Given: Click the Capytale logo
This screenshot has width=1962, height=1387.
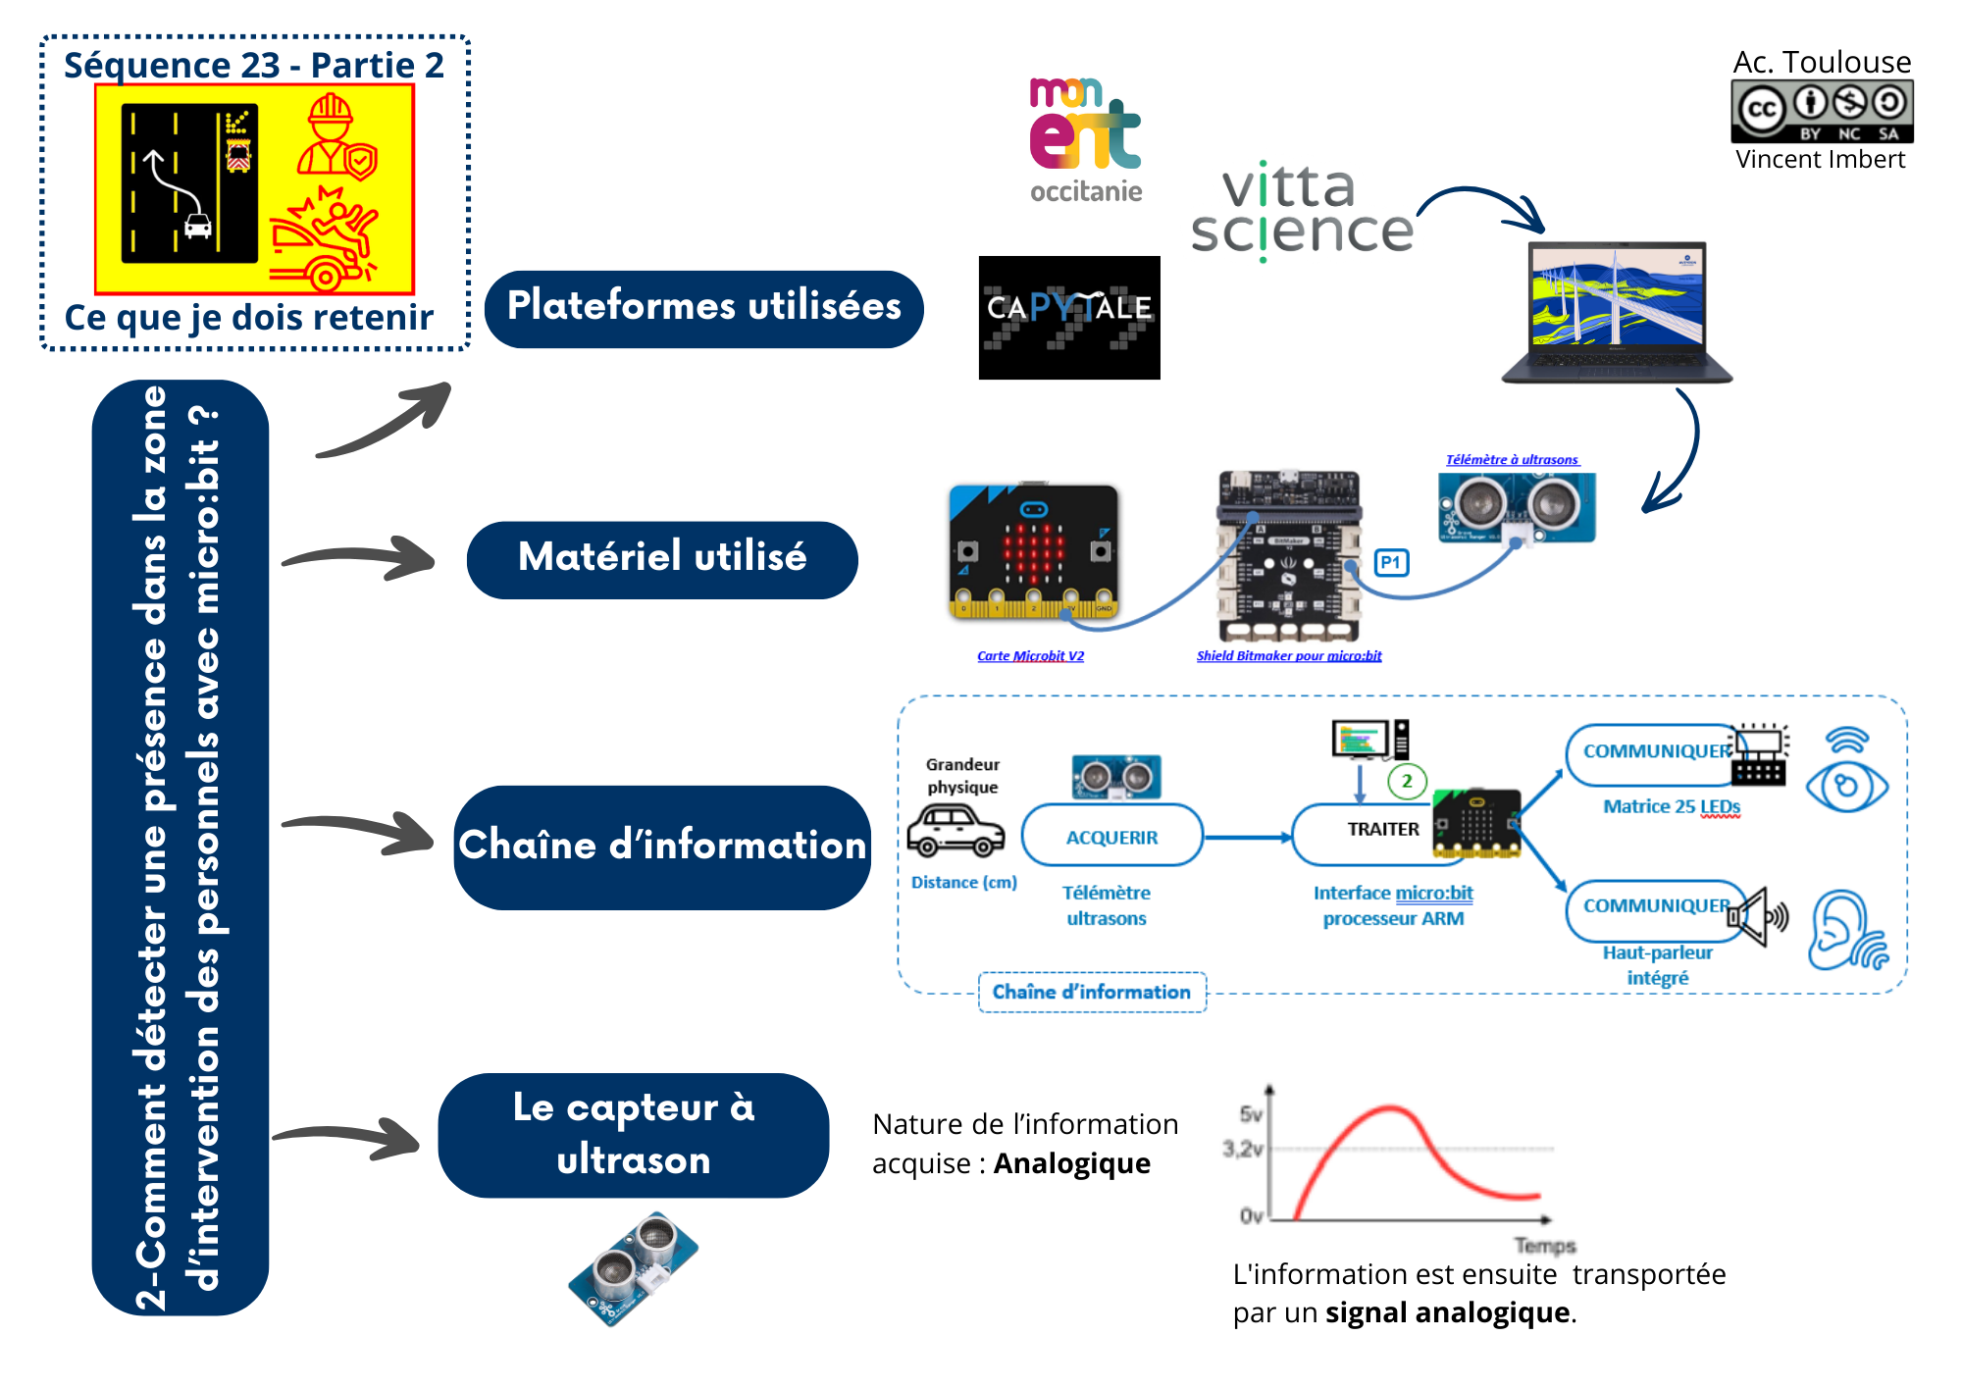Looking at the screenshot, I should (x=1069, y=317).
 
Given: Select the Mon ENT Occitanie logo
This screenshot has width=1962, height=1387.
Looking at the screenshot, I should (x=1085, y=140).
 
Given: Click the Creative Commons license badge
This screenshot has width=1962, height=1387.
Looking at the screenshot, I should (x=1822, y=112).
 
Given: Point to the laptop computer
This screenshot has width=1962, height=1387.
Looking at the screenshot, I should (x=1617, y=312).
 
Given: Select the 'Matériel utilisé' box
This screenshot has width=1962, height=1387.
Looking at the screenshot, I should (x=662, y=559).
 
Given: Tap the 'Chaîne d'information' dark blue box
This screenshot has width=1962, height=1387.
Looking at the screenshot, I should (x=662, y=847).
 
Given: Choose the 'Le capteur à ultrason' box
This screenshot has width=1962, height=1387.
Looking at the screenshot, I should (x=634, y=1135).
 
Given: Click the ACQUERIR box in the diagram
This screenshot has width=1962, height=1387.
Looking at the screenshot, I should (x=1111, y=837).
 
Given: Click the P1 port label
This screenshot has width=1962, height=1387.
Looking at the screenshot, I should (x=1391, y=563).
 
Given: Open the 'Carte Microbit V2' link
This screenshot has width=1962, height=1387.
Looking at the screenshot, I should (x=1030, y=656).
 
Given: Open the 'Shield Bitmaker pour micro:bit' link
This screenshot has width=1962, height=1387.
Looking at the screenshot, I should (x=1288, y=656).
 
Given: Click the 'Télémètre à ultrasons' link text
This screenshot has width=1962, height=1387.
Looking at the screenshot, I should (x=1512, y=460).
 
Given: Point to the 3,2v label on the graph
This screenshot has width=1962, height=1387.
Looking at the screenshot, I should (x=1242, y=1149).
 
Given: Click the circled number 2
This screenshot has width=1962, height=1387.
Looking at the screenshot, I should (x=1407, y=782).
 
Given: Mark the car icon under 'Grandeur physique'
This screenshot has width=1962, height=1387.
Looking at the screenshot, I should (x=955, y=831).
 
